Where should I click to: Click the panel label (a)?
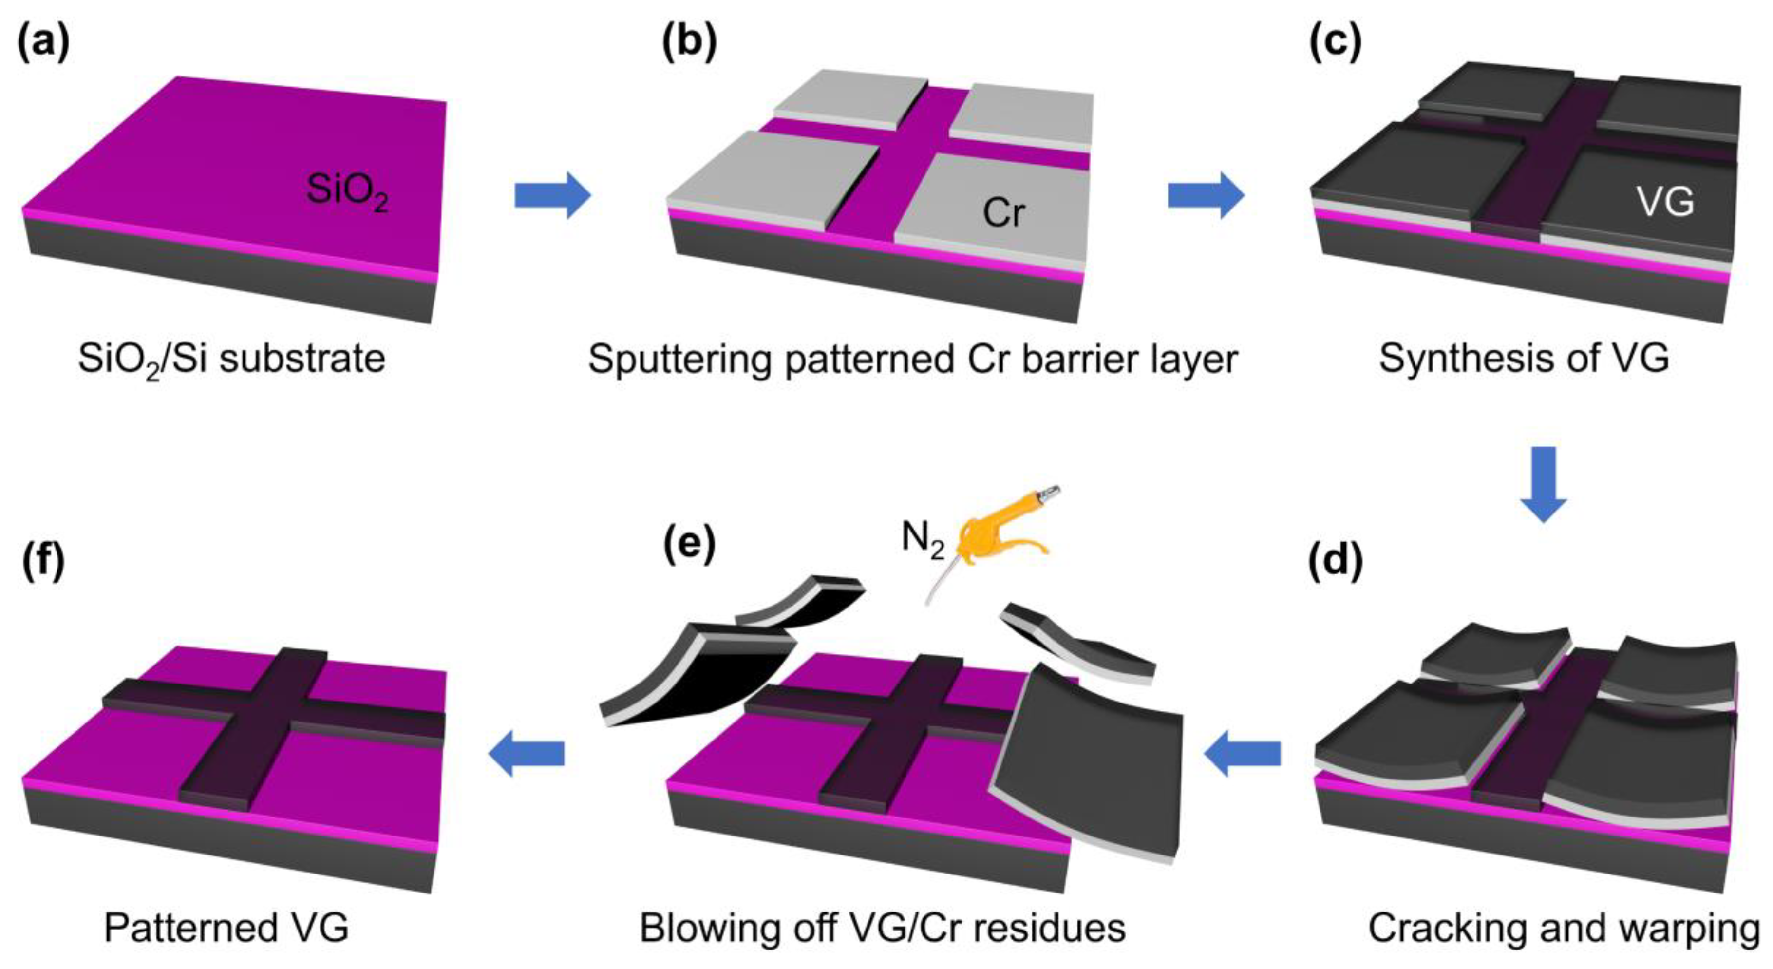coord(43,43)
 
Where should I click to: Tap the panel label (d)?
coord(1335,560)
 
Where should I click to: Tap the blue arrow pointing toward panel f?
coord(527,754)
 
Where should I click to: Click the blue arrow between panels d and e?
coord(1243,754)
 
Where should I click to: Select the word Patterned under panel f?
coord(186,929)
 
